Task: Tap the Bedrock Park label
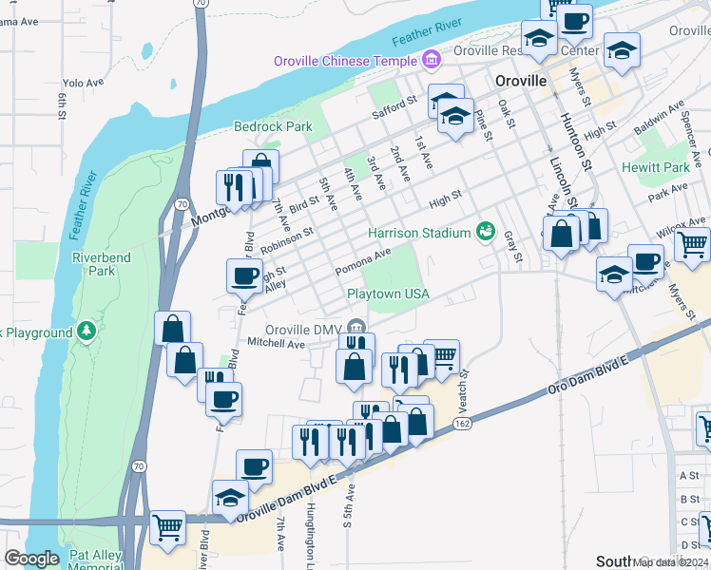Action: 273,126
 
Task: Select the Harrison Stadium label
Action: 419,233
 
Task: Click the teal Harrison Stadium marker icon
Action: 486,230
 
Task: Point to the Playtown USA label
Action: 388,294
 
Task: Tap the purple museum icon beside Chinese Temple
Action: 432,60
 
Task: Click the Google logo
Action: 30,559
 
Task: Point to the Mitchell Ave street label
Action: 276,343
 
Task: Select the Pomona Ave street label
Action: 362,262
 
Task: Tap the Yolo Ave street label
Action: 82,83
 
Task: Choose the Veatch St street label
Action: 464,388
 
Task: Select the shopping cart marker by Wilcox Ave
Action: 692,244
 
